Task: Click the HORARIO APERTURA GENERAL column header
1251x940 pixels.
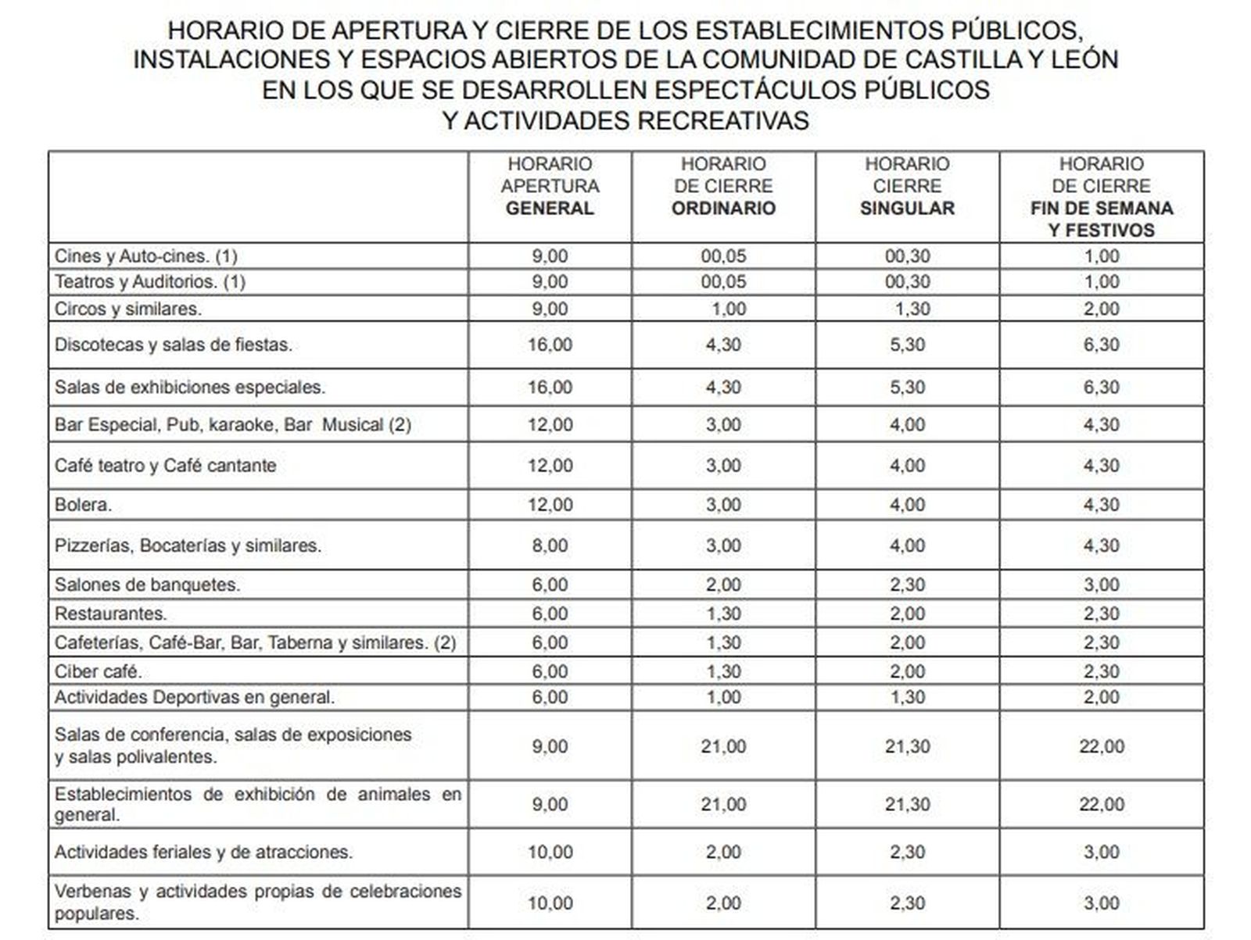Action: click(x=550, y=186)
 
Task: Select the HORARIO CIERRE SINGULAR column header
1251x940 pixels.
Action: click(x=907, y=186)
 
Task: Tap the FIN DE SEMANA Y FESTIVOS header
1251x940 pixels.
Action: click(x=1101, y=197)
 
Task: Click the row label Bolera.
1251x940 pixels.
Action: click(x=83, y=505)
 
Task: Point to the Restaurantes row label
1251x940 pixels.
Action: click(x=111, y=614)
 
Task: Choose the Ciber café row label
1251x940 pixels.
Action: click(x=99, y=671)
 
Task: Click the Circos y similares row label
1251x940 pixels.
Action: click(x=128, y=309)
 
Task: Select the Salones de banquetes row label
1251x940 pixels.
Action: click(x=148, y=584)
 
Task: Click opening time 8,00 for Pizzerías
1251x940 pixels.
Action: click(x=550, y=545)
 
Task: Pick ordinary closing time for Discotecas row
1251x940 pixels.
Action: click(x=723, y=345)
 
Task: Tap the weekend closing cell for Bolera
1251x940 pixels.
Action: click(x=1101, y=505)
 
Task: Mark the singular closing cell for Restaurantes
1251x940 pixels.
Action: click(x=907, y=614)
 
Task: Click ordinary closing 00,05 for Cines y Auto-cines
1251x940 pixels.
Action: click(x=723, y=256)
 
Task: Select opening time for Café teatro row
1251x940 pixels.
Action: click(x=550, y=466)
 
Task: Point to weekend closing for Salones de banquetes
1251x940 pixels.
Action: click(x=1101, y=584)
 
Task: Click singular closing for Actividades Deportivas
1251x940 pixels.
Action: click(x=907, y=697)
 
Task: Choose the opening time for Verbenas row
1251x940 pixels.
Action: click(x=550, y=903)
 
